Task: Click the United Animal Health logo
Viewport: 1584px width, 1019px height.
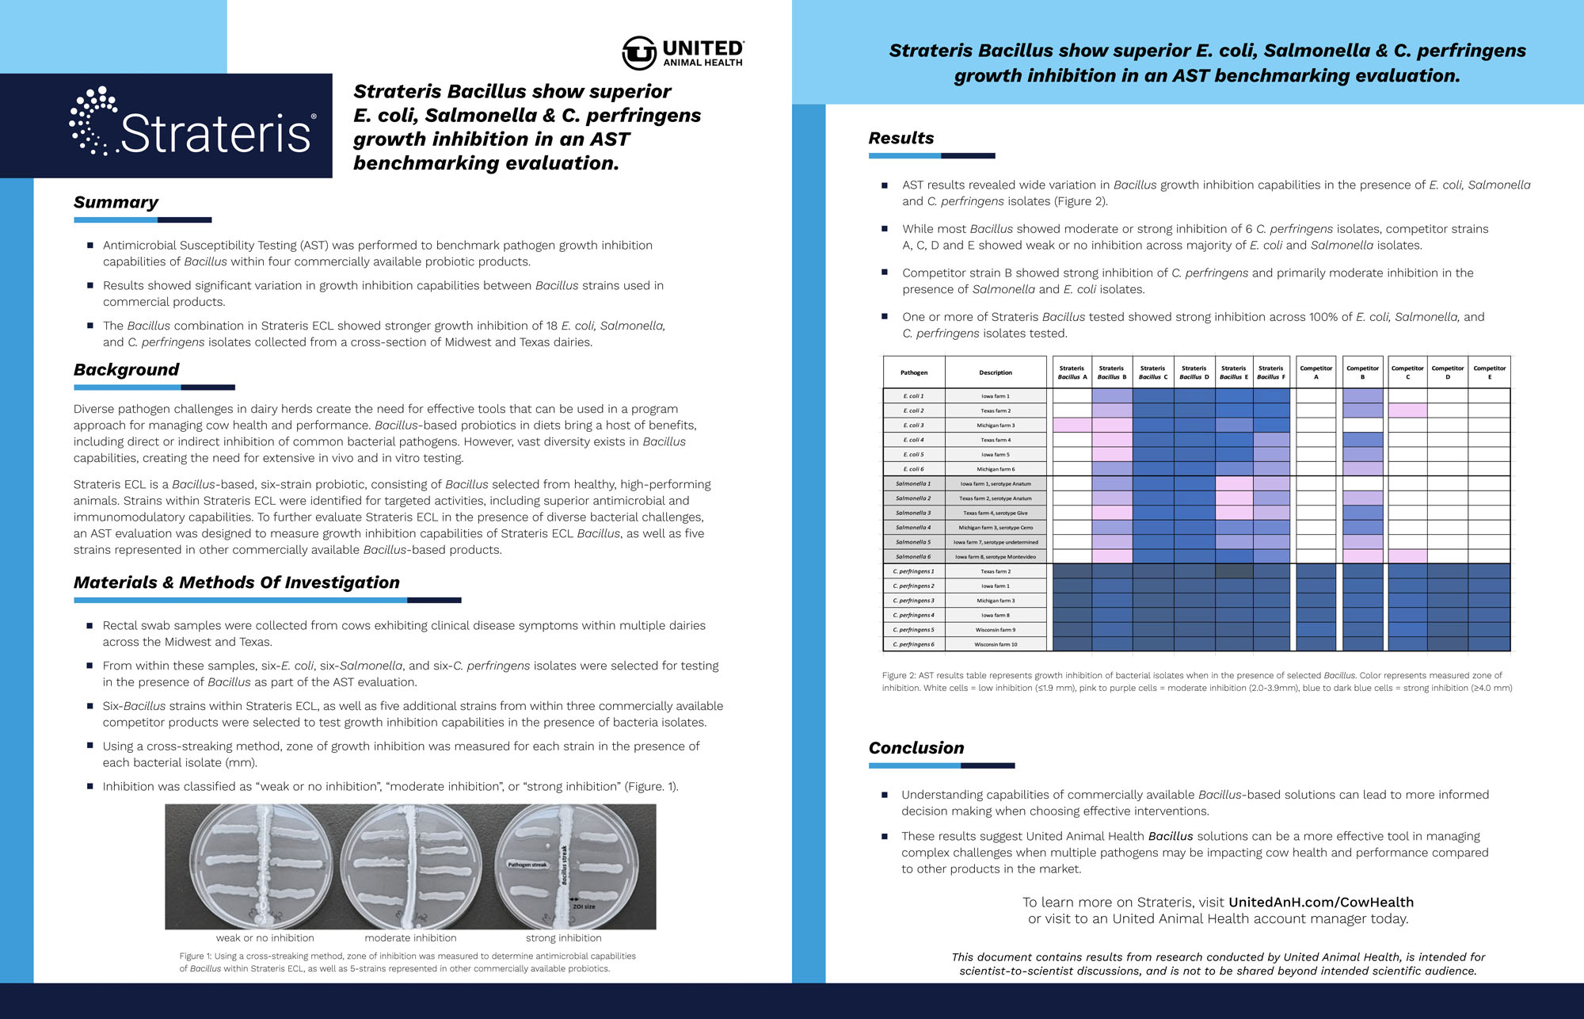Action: coord(683,53)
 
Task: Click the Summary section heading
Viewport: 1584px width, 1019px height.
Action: coord(116,203)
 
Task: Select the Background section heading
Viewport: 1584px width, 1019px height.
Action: coord(126,370)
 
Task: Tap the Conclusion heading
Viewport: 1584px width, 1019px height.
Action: coord(916,748)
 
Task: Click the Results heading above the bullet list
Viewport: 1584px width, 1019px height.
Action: coord(901,138)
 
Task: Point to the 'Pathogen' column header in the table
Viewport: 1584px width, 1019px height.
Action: coord(913,372)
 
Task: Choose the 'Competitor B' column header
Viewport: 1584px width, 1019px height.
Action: coord(1362,372)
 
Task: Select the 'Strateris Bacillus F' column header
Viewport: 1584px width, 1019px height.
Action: coord(1270,372)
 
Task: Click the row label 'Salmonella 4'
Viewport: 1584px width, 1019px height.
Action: coord(913,528)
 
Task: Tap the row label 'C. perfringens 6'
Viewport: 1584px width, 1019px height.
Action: coord(913,644)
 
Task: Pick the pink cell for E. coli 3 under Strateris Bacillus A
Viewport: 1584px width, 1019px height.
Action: coord(1072,426)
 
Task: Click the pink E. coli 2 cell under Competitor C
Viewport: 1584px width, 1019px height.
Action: coord(1407,410)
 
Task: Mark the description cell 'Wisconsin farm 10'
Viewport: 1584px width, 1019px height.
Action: coord(996,644)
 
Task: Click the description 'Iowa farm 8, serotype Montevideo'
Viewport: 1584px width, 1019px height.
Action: coord(996,557)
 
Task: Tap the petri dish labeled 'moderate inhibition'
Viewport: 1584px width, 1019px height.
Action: coord(410,866)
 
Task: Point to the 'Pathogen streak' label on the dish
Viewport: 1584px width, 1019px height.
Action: coord(527,864)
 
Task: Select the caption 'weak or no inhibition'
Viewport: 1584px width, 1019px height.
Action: coord(265,938)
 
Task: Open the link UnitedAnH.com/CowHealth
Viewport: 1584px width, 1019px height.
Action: coord(1320,903)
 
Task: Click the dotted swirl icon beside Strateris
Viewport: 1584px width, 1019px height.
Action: coord(92,121)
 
